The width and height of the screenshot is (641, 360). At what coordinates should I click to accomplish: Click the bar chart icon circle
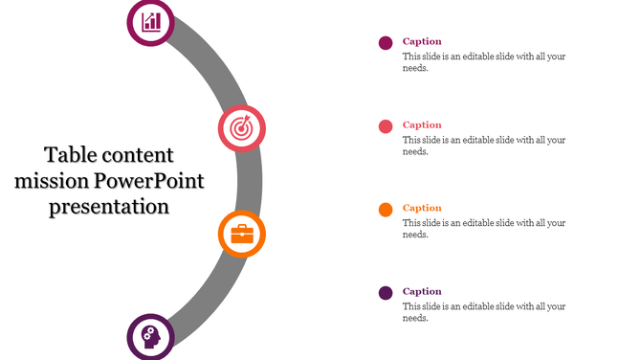coord(151,22)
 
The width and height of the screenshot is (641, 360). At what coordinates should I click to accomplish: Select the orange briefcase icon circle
coord(242,235)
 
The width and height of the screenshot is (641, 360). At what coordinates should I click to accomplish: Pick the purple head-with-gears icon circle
coord(151,336)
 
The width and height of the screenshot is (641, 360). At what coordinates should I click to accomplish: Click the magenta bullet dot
coord(386,43)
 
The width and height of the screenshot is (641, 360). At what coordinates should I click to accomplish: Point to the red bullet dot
coord(386,126)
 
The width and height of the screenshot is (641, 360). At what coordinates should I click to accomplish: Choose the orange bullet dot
coord(386,210)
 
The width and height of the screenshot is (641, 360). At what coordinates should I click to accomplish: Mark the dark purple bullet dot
coord(386,293)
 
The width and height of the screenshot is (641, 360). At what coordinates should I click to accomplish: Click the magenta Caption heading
coord(422,41)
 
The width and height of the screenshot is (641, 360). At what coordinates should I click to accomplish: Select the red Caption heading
coord(422,124)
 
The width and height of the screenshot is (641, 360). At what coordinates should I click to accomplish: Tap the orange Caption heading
coord(422,208)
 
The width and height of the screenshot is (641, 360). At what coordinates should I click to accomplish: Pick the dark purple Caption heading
coord(422,291)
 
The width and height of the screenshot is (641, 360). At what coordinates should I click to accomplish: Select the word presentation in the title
coord(109,206)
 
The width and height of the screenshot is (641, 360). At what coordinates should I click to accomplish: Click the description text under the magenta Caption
coord(483,62)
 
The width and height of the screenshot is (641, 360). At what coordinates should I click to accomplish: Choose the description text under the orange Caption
coord(483,229)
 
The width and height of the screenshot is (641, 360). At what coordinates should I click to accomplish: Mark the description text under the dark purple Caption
coord(483,312)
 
